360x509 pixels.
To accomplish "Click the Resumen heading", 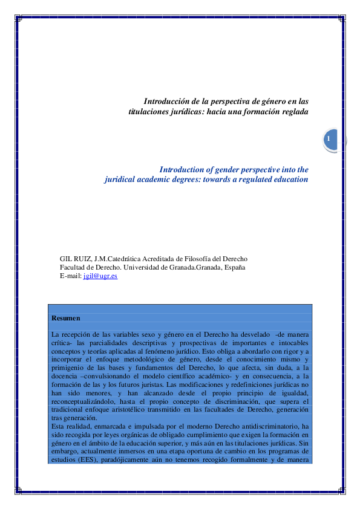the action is pos(66,318).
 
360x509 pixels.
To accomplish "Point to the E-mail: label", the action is pos(70,276).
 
